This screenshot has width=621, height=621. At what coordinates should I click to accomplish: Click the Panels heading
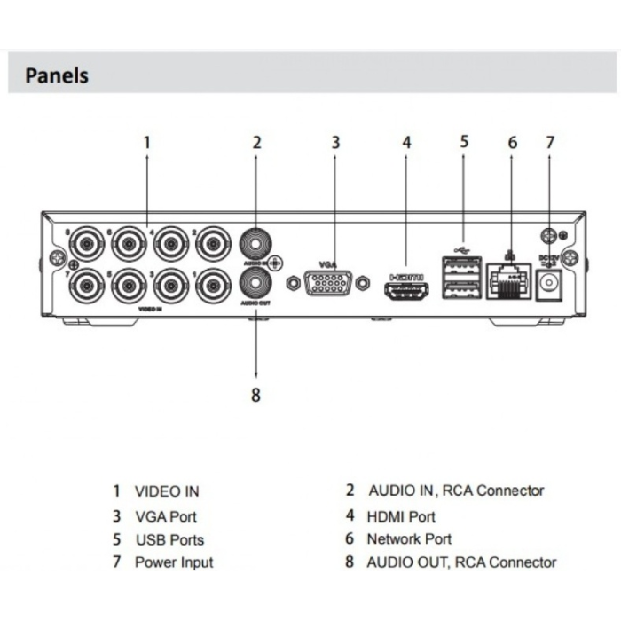57,75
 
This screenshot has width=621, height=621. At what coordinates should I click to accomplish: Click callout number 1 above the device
147,142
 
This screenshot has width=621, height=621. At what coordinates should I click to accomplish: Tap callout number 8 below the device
255,396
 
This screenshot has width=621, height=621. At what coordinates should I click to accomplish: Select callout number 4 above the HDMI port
406,142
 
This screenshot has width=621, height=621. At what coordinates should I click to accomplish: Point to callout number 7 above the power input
550,142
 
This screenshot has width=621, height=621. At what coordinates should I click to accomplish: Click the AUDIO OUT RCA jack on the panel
255,285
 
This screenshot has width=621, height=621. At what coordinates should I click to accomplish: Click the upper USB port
461,267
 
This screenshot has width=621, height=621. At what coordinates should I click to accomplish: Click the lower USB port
461,289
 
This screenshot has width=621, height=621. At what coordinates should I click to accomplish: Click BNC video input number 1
213,285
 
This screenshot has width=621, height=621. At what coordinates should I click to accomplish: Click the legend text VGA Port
165,515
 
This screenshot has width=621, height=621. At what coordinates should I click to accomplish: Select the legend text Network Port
409,538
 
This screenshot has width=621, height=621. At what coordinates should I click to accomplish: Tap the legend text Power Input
174,562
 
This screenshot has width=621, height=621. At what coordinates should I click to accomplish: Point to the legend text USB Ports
169,539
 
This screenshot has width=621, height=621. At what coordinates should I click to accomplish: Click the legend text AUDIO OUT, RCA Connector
461,562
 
